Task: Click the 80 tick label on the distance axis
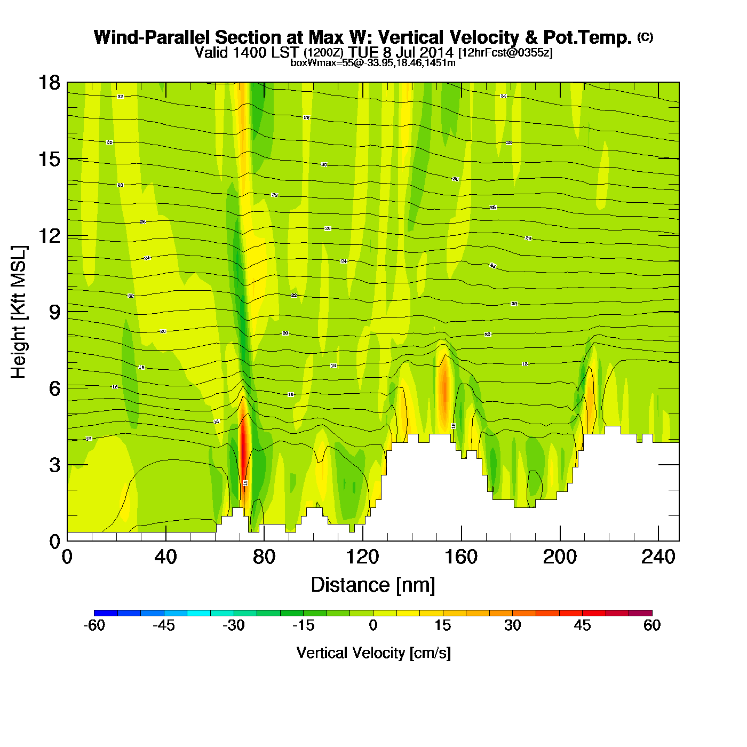264,557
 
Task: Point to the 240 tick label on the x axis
658,557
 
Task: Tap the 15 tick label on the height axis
49,159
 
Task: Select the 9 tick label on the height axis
54,312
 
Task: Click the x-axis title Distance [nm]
373,585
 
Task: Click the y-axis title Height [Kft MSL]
19,312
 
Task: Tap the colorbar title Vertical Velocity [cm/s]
373,653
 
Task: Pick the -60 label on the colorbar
94,625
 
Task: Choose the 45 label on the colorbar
582,625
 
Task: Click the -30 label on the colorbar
233,625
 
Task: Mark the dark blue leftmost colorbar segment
106,613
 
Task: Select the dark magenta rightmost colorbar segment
640,613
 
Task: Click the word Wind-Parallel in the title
152,37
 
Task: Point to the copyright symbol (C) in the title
645,37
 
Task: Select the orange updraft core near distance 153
444,390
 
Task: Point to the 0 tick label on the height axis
54,542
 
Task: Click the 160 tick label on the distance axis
461,557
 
